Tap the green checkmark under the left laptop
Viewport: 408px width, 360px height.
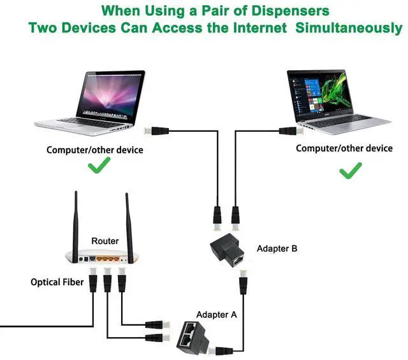tap(98, 168)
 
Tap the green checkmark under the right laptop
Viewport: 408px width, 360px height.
tap(350, 170)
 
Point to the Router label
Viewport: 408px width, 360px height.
tap(105, 241)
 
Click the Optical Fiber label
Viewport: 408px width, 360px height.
tap(57, 282)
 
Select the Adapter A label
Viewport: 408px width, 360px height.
tap(216, 315)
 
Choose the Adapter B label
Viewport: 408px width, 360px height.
tap(277, 248)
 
